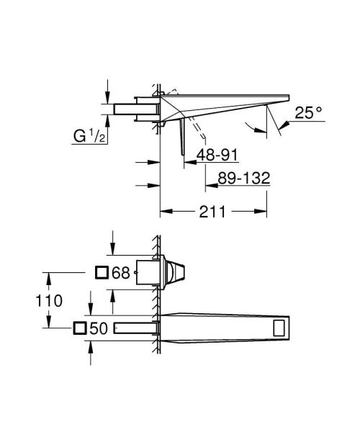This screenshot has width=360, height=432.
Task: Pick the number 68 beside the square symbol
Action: pos(120,273)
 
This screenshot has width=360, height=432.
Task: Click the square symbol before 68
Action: pos(102,273)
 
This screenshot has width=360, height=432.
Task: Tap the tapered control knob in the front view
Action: pos(176,273)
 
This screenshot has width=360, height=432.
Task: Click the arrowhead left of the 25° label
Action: pos(283,125)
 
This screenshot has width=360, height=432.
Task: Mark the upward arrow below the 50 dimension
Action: pos(90,346)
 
